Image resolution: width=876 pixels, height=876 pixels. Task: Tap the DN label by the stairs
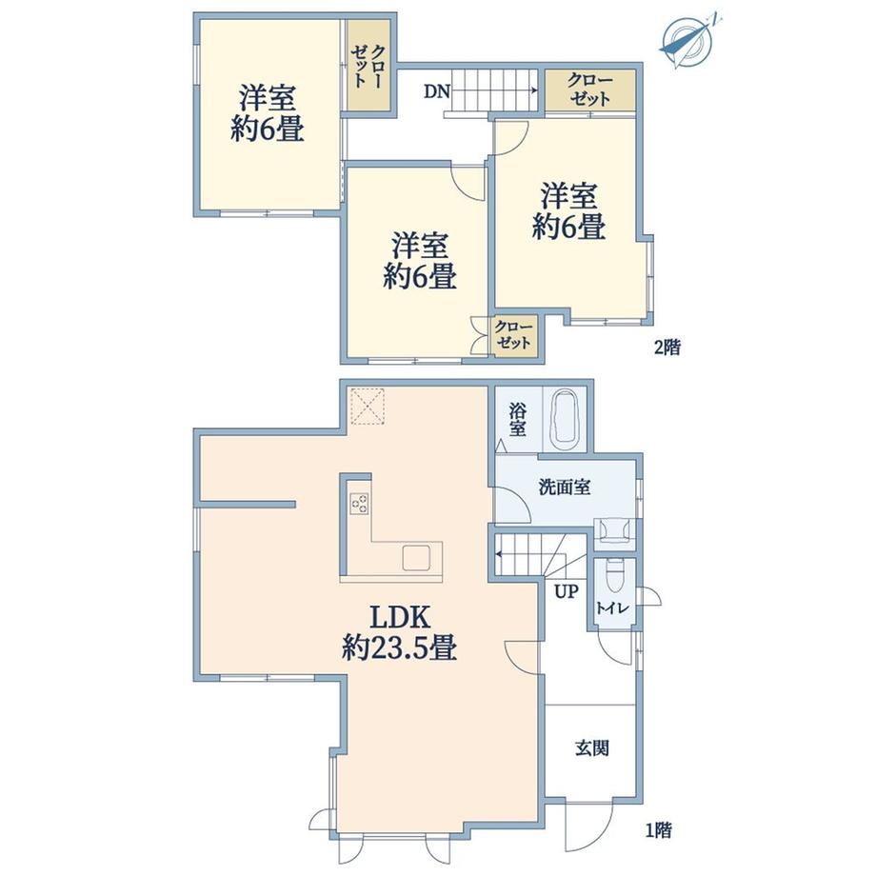click(436, 91)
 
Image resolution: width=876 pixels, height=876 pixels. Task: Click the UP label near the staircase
click(566, 591)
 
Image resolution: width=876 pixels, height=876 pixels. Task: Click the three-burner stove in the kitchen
click(359, 503)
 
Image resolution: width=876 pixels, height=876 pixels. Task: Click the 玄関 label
click(591, 747)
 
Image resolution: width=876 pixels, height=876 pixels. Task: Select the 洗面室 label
click(565, 488)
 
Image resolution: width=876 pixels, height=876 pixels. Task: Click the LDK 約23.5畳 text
click(400, 633)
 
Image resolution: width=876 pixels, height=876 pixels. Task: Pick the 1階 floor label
click(658, 830)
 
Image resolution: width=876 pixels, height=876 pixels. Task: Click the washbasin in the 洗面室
click(614, 530)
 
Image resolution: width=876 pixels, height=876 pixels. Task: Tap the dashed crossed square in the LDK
click(367, 406)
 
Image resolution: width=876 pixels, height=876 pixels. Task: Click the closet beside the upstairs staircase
click(590, 90)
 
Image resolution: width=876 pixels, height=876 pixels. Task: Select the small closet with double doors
click(514, 334)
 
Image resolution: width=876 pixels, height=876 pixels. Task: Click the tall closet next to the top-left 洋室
click(368, 66)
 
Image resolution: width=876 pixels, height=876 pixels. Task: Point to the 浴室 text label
click(517, 419)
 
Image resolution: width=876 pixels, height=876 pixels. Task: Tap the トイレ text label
click(612, 607)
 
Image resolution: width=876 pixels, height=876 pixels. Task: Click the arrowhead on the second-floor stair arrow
click(534, 90)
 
